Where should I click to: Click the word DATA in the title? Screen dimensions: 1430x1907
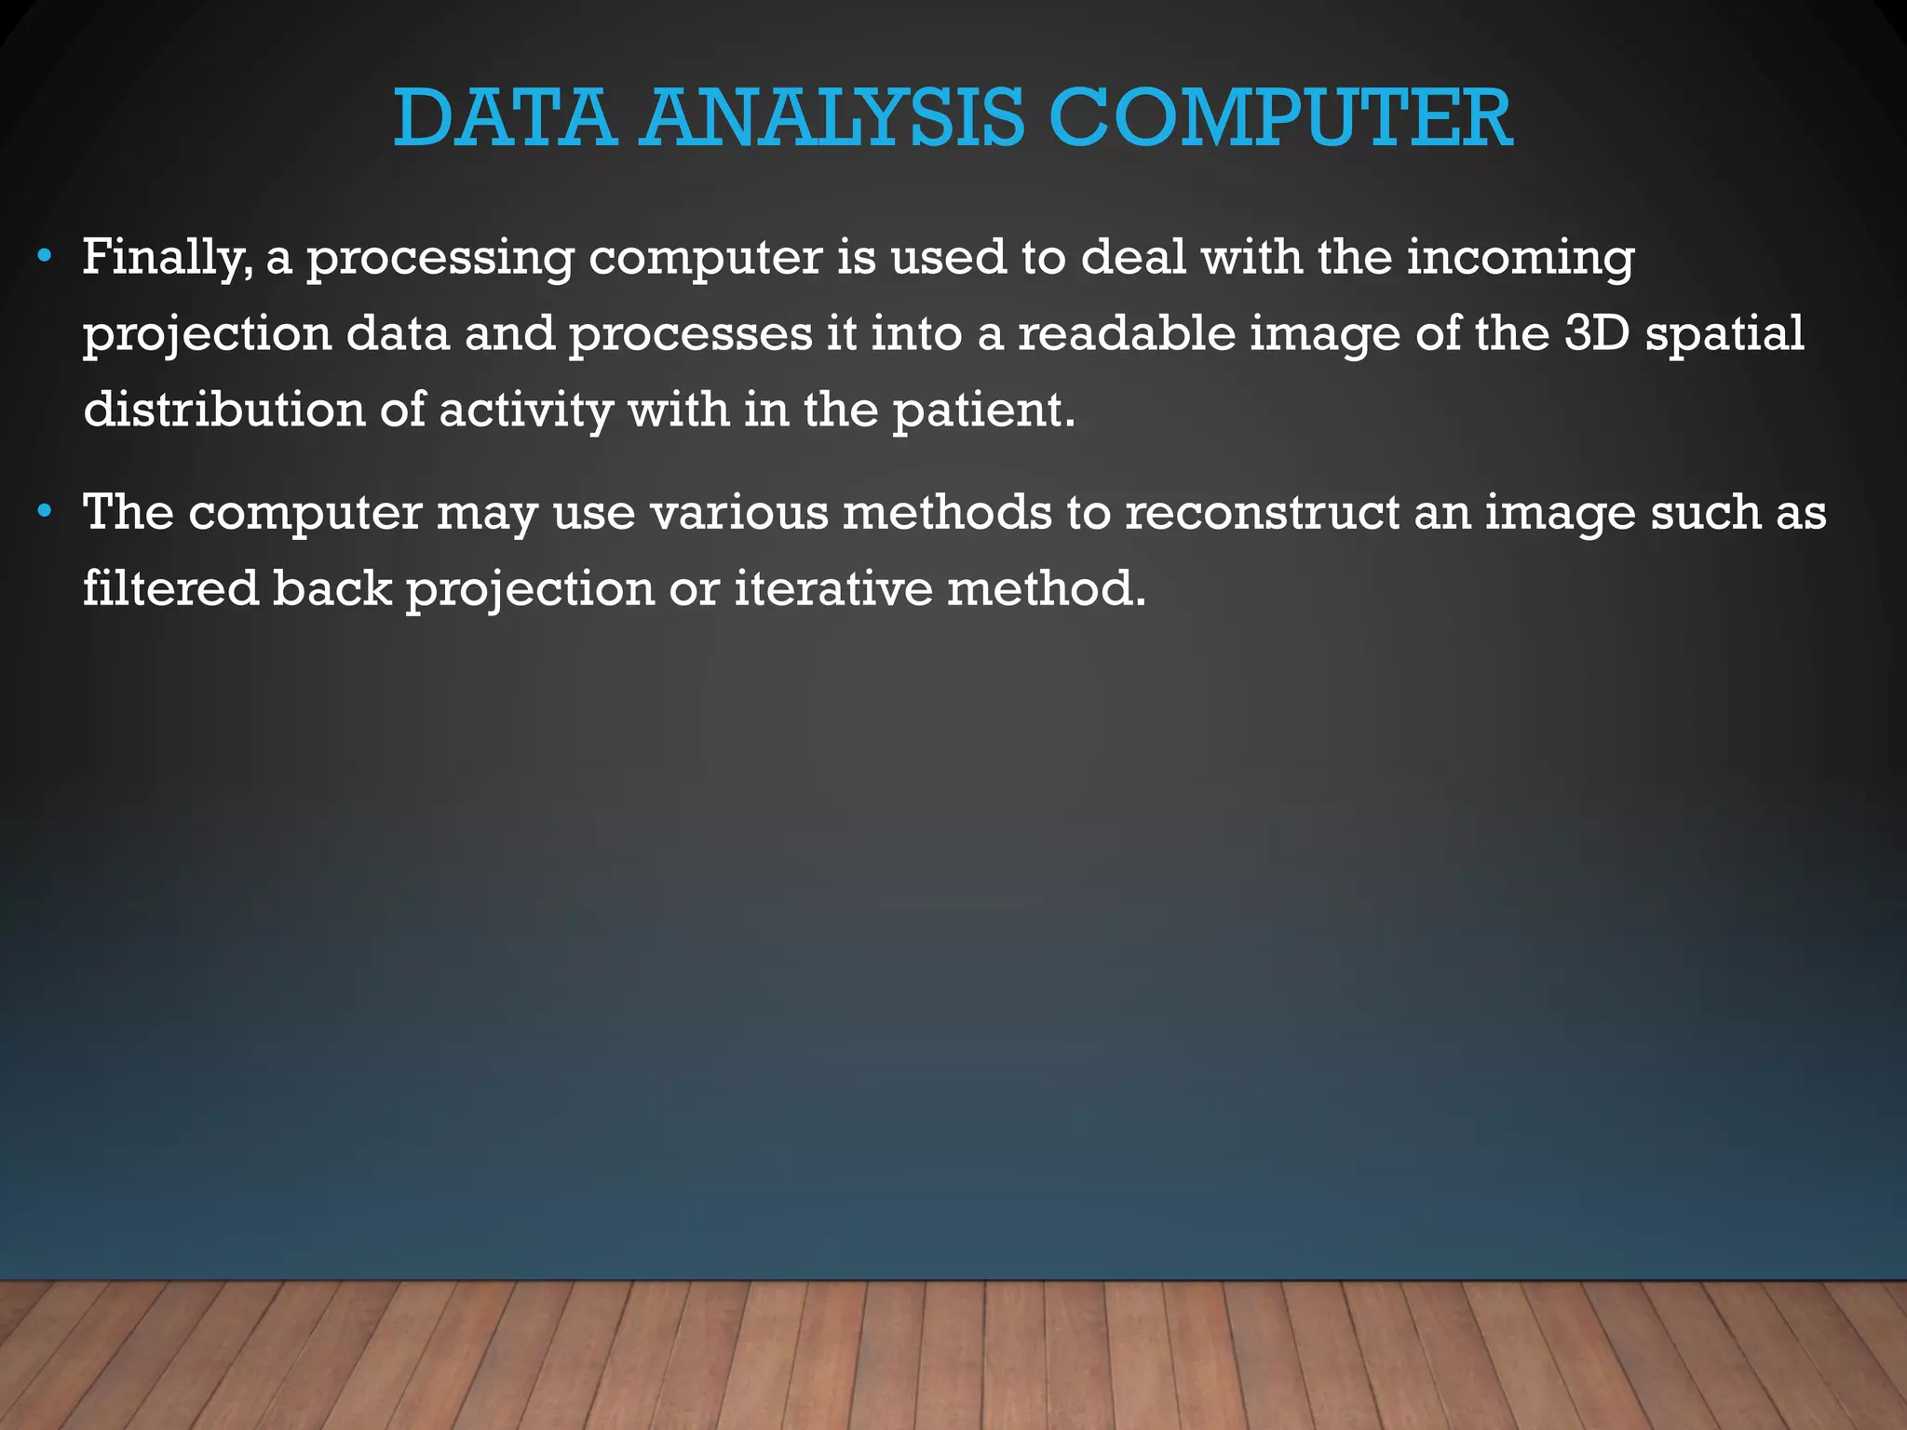click(504, 118)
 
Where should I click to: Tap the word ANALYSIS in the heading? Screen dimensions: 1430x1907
click(832, 118)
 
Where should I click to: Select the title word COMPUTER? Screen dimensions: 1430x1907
click(1279, 118)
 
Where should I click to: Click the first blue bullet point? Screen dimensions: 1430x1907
click(45, 256)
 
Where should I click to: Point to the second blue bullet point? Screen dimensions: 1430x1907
click(45, 511)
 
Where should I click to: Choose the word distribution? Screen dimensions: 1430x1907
click(224, 410)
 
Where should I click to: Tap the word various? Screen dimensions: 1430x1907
click(739, 513)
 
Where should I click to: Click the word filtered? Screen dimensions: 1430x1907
click(171, 588)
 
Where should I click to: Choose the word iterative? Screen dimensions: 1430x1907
click(833, 588)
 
